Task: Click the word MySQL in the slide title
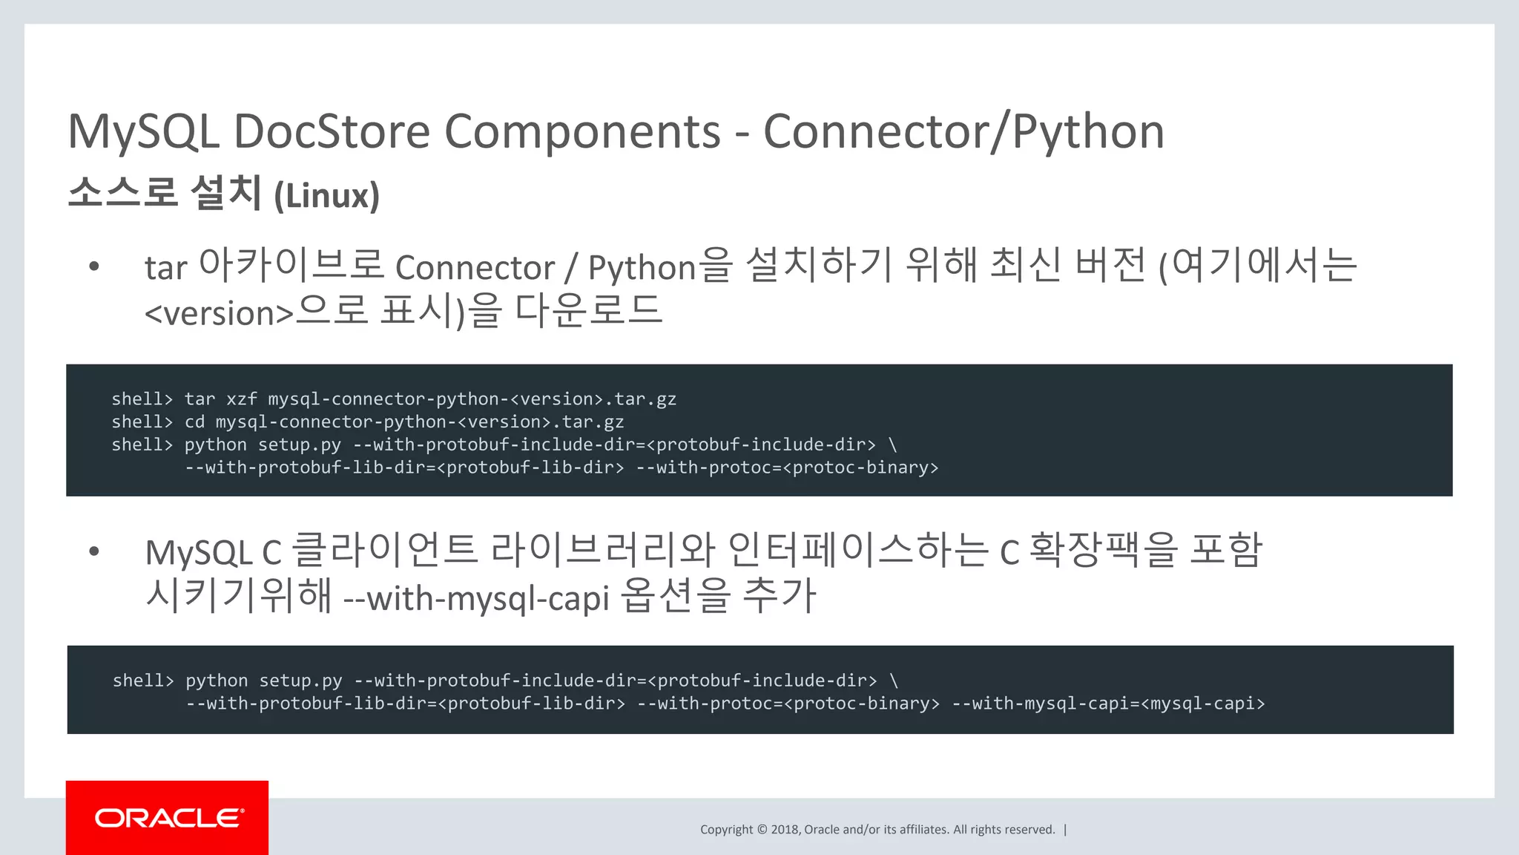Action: pyautogui.click(x=143, y=132)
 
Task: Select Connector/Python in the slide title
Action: pyautogui.click(x=963, y=132)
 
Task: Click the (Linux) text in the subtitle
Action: pyautogui.click(x=326, y=196)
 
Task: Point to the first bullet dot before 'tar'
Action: pyautogui.click(x=94, y=266)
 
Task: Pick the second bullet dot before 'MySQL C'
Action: pyautogui.click(x=94, y=551)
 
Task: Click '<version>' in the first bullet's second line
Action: pyautogui.click(x=220, y=313)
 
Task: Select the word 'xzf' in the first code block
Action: pyautogui.click(x=241, y=399)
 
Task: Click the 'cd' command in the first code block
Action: pyautogui.click(x=194, y=422)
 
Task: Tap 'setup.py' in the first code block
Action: pyautogui.click(x=300, y=445)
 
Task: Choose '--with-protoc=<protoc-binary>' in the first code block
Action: pyautogui.click(x=787, y=468)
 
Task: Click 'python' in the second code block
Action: pyautogui.click(x=217, y=681)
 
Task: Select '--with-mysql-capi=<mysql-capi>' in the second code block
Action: pyautogui.click(x=1108, y=704)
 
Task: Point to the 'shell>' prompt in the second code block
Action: pyautogui.click(x=143, y=681)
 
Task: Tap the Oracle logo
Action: pyautogui.click(x=168, y=818)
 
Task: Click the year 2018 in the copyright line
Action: pyautogui.click(x=785, y=830)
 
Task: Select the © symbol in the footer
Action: pyautogui.click(x=762, y=830)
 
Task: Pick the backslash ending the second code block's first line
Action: pyautogui.click(x=894, y=681)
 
